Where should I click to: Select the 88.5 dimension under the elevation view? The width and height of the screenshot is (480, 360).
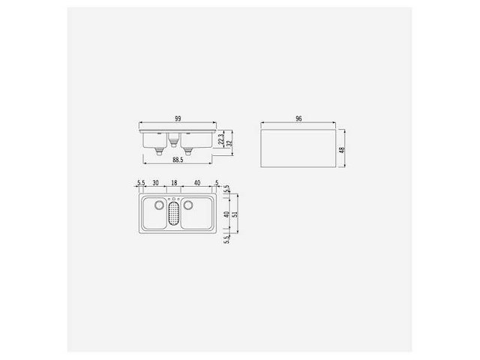tap(178, 159)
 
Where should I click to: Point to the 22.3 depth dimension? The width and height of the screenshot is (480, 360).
tap(220, 139)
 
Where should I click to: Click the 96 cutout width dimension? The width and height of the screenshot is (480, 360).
tap(298, 119)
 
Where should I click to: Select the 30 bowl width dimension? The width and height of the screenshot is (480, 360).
tap(155, 182)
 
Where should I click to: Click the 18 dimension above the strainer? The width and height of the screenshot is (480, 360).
tap(173, 182)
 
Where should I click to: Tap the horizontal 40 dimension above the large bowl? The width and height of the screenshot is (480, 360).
tap(196, 182)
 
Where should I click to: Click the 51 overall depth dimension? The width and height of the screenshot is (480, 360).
tap(235, 214)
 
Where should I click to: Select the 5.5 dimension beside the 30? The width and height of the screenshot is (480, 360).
tap(140, 182)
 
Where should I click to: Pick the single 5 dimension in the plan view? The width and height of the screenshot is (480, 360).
tap(216, 182)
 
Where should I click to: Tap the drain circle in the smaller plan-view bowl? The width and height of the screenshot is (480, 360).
tap(158, 205)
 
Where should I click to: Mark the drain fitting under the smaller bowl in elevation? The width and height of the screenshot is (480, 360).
tap(159, 150)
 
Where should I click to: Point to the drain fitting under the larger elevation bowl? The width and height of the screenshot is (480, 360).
tap(189, 150)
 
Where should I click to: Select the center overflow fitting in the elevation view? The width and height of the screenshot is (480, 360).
tap(174, 139)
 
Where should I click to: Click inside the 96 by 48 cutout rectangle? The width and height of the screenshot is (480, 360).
tap(298, 148)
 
